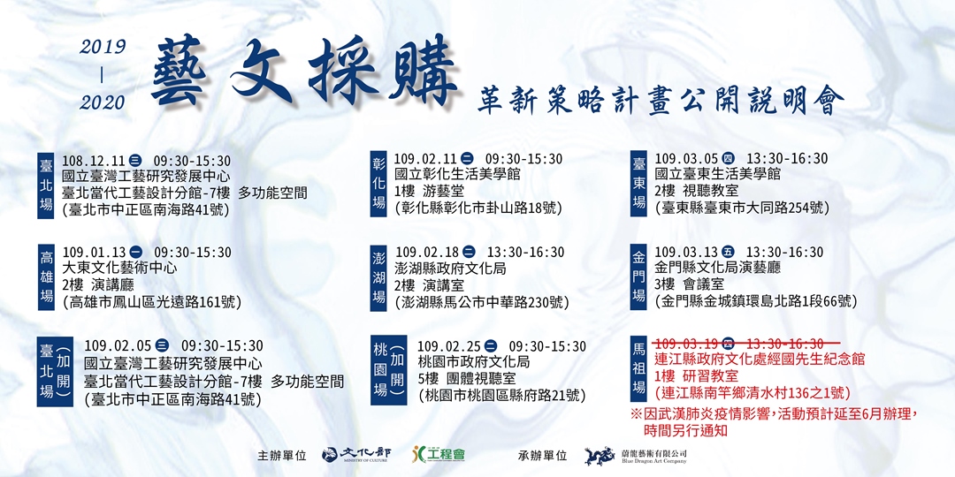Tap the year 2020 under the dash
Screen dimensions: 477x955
pyautogui.click(x=103, y=102)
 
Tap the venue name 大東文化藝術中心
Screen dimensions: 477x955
pyautogui.click(x=119, y=268)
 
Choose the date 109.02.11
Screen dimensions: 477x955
pyautogui.click(x=425, y=159)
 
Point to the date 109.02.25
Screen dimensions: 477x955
pyautogui.click(x=448, y=346)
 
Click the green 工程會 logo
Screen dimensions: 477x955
pyautogui.click(x=439, y=455)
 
